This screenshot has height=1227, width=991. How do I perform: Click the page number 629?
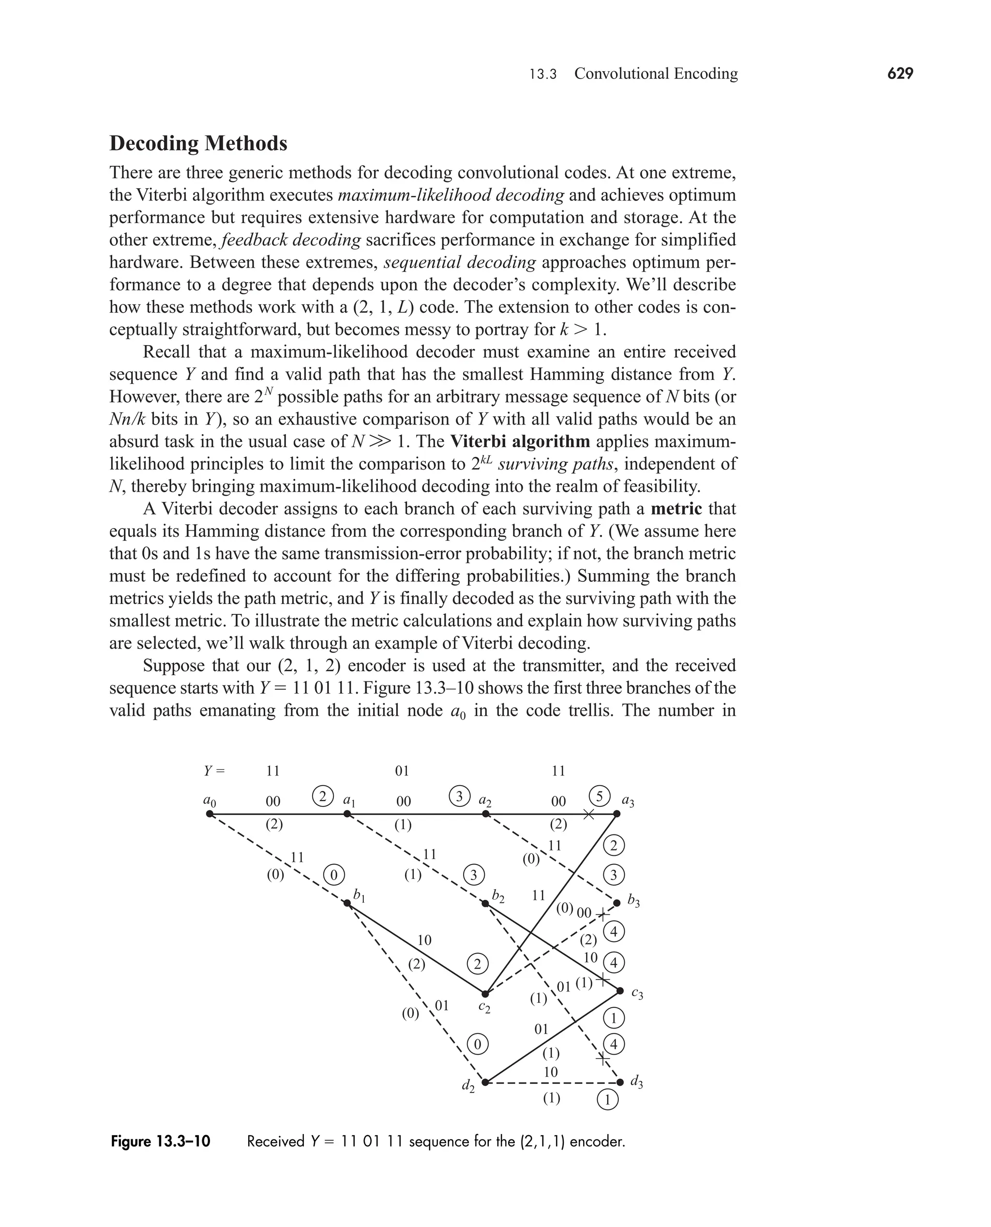click(900, 74)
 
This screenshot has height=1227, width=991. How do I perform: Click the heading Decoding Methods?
click(198, 143)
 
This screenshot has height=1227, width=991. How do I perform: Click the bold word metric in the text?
click(676, 508)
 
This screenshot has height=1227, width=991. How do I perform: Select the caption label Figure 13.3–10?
click(161, 1141)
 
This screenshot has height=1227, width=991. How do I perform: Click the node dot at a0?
click(210, 814)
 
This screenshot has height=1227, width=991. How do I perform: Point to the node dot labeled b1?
click(346, 903)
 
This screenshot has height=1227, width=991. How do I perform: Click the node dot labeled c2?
click(485, 994)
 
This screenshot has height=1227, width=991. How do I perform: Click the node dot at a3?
click(616, 814)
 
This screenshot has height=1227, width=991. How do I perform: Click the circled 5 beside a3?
click(600, 796)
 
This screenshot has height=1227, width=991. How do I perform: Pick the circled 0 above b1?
click(334, 875)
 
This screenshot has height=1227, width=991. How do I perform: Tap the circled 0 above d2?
click(478, 1045)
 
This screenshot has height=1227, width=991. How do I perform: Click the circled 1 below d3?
click(607, 1099)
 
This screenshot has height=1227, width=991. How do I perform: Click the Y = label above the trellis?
click(215, 771)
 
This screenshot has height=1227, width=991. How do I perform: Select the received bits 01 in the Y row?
click(402, 771)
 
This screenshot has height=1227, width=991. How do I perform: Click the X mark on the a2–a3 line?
click(588, 815)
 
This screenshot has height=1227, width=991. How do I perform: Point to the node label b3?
click(633, 900)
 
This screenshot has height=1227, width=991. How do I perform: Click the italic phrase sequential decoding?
click(460, 262)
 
